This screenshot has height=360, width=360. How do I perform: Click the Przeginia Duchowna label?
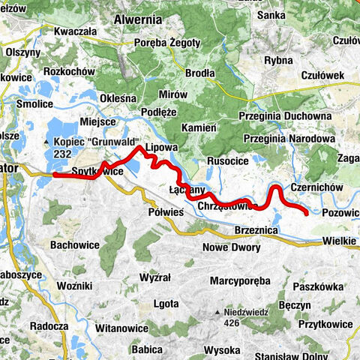pos(284,116)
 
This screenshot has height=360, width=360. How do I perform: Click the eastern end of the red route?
pos(307,214)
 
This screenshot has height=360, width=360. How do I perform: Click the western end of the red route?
pos(55,175)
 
